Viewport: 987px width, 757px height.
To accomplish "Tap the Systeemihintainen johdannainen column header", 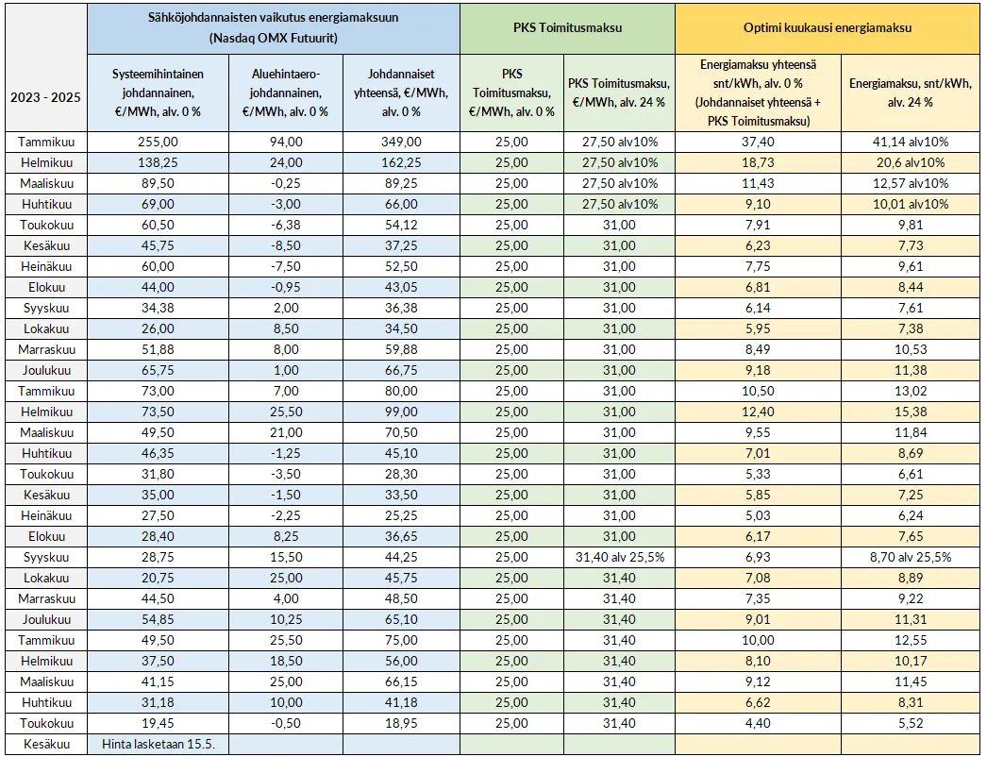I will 158,93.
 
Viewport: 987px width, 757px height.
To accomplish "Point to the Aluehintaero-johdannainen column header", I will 285,93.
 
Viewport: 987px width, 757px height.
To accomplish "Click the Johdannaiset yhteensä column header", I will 400,93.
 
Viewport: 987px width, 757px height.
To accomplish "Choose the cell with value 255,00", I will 158,142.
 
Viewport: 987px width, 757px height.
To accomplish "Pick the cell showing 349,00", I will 400,142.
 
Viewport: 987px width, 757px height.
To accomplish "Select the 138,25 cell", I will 158,162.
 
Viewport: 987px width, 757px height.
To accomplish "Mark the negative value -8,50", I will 285,245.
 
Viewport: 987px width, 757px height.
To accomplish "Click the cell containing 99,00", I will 400,412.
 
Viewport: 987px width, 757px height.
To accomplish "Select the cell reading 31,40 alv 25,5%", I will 619,557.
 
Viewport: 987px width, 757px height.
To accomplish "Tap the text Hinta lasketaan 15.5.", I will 159,744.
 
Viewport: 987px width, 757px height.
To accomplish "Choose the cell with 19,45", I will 158,723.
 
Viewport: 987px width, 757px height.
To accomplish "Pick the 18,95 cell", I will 400,723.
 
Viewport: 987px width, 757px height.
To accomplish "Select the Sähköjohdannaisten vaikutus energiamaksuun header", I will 274,27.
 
